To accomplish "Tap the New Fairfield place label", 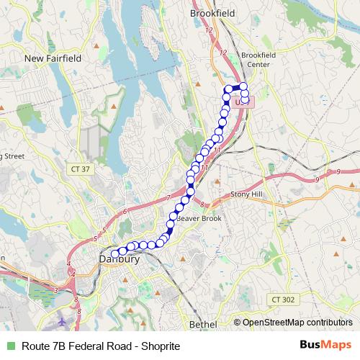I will (53, 58).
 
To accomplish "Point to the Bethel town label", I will (202, 325).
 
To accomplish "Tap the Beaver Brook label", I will (196, 217).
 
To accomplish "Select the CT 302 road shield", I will (281, 298).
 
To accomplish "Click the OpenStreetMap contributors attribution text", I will (297, 323).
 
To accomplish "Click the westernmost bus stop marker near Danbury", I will (114, 253).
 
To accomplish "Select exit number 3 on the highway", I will (55, 290).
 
